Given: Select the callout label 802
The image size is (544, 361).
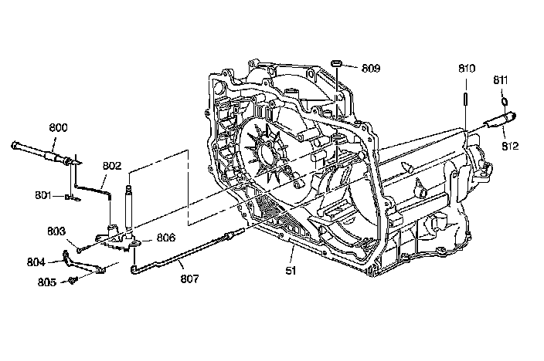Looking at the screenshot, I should (x=113, y=165).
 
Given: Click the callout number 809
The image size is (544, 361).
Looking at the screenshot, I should (x=371, y=68).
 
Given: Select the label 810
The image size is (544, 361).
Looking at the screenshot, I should (x=467, y=68).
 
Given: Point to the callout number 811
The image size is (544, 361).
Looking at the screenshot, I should (x=501, y=80).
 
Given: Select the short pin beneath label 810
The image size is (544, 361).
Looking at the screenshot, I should (x=467, y=100).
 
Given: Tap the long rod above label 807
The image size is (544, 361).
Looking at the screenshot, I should (x=185, y=248).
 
